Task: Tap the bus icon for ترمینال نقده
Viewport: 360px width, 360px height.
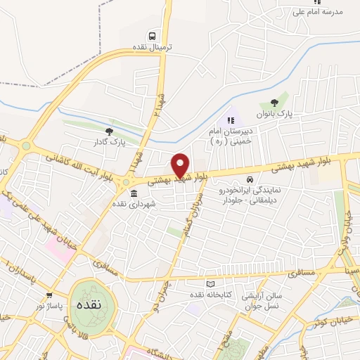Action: pyautogui.click(x=152, y=36)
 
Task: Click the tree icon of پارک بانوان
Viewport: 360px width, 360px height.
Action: pyautogui.click(x=284, y=103)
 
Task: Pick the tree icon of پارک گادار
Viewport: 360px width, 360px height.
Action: pyautogui.click(x=108, y=131)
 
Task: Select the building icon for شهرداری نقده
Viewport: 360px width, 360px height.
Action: pyautogui.click(x=134, y=193)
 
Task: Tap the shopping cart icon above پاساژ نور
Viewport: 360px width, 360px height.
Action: pyautogui.click(x=49, y=295)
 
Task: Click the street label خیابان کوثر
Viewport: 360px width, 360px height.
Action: pyautogui.click(x=335, y=321)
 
